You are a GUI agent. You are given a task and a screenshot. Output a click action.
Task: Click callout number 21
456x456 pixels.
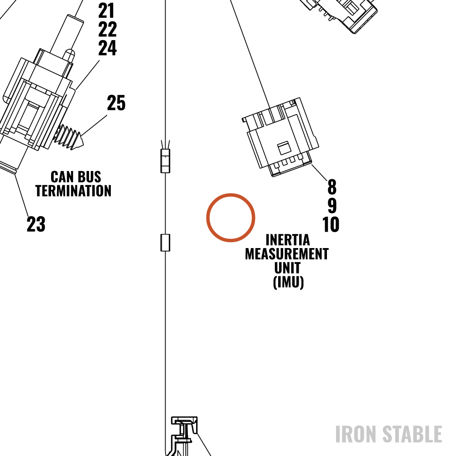click(x=106, y=11)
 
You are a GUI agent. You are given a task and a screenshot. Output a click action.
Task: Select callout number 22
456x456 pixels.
click(x=107, y=29)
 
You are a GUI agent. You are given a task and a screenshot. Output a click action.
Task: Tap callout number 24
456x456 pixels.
click(x=107, y=48)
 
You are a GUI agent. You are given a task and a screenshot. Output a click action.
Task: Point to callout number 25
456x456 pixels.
click(x=116, y=103)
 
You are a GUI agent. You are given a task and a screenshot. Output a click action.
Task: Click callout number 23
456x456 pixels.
click(x=36, y=224)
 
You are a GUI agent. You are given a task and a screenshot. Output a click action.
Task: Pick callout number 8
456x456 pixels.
click(x=332, y=187)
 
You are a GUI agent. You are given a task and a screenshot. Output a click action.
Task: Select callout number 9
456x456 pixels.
click(x=332, y=205)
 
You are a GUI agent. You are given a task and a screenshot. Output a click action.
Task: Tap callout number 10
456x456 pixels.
click(x=331, y=224)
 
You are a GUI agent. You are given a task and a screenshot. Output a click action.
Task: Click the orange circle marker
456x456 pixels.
click(x=231, y=194)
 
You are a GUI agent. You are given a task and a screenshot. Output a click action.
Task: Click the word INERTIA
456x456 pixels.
click(x=288, y=240)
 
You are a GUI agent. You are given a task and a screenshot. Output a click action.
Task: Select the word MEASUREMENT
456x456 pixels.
click(x=287, y=254)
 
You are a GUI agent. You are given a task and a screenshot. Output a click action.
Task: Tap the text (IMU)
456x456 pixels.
click(x=289, y=282)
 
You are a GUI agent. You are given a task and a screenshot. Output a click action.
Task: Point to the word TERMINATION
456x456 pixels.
click(x=73, y=191)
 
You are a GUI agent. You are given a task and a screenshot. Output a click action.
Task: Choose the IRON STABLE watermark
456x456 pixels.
click(x=389, y=434)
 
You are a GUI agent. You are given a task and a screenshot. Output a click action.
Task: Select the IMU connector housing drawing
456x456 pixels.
click(x=280, y=137)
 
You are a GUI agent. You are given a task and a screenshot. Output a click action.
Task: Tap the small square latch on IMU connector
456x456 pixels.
click(x=284, y=148)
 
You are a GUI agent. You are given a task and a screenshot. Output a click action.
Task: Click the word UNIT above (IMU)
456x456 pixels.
click(x=287, y=268)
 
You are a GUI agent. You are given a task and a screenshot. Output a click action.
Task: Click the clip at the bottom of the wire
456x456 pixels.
click(x=183, y=435)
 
